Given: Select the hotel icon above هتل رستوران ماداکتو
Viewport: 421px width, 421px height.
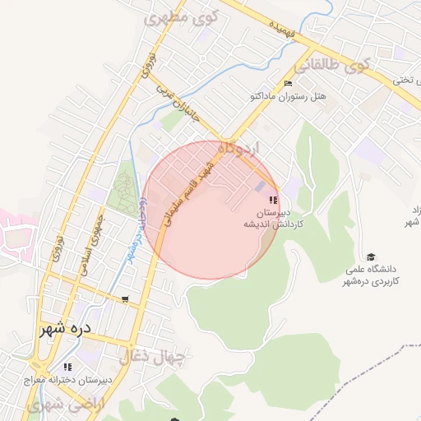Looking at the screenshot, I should tap(288, 84).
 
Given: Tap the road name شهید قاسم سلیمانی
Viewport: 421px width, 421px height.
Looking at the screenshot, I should tap(190, 193).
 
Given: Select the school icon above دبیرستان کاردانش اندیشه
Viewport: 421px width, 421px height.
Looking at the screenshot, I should tap(274, 200).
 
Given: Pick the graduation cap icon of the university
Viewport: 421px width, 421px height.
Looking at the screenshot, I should tap(371, 257).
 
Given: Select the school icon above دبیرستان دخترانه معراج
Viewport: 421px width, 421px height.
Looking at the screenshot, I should tap(67, 367).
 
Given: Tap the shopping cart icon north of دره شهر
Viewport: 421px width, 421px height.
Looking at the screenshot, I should tap(124, 299).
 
